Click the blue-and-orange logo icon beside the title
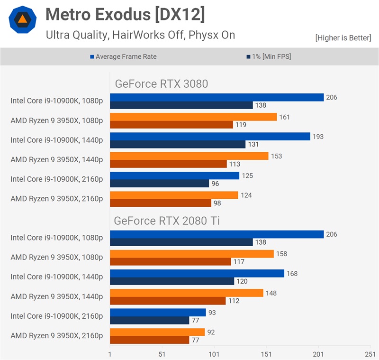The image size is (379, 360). tap(23, 19)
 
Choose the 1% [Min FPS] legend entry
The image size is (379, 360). tap(268, 56)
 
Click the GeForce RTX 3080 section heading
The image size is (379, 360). tap(161, 84)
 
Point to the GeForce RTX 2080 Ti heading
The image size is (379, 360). tap(166, 221)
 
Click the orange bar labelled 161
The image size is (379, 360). tap(193, 117)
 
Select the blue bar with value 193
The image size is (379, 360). tap(210, 137)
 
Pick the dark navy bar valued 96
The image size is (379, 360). tap(159, 184)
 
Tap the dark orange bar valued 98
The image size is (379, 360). tap(161, 203)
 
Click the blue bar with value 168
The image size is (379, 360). tap(197, 273)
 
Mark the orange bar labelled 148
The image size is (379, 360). tap(186, 293)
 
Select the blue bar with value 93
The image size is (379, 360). tap(158, 313)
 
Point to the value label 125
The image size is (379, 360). tap(247, 175)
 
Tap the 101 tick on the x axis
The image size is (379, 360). tap(214, 354)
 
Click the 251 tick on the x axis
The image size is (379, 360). tap(370, 354)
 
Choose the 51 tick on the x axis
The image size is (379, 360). tap(162, 354)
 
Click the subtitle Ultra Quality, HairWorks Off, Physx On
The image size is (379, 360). tap(140, 35)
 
